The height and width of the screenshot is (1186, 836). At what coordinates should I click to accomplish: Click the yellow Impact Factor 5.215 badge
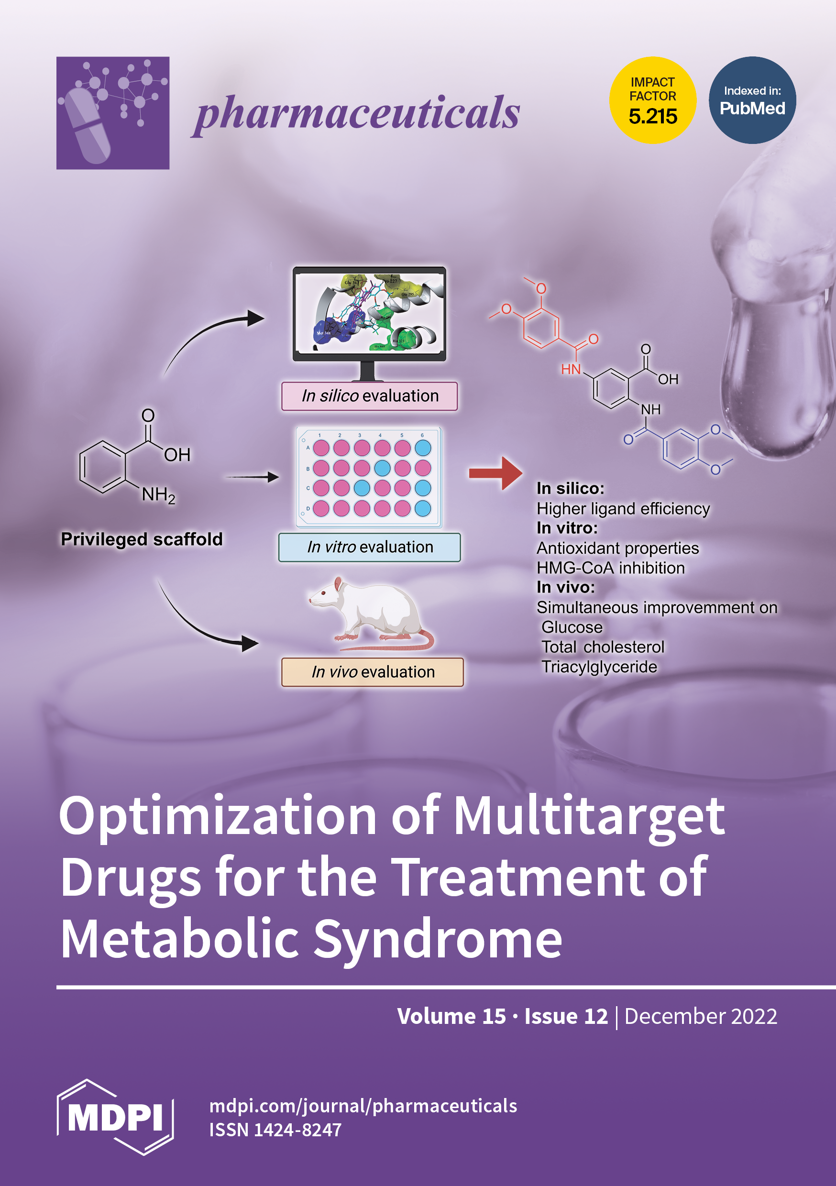652,100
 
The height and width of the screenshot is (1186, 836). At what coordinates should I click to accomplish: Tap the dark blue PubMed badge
752,100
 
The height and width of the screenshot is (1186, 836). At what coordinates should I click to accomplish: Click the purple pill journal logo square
113,112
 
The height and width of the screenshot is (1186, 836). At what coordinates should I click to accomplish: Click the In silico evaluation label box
369,396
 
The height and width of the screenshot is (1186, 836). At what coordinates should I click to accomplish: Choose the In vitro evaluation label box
369,547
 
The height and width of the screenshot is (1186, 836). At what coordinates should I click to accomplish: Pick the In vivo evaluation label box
372,672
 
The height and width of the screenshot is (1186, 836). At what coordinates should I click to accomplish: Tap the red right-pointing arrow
495,473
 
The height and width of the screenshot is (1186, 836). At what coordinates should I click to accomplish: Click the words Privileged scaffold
142,539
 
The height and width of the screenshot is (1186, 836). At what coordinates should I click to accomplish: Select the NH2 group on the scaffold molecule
158,495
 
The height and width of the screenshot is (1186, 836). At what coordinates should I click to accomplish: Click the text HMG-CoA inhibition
610,568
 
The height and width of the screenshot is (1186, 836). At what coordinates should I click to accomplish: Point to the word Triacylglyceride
599,667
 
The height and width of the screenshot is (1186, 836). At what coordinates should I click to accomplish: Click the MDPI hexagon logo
115,1117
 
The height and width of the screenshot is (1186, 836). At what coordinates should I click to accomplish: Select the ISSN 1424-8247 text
275,1130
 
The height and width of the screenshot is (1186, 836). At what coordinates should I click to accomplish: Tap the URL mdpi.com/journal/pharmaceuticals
363,1106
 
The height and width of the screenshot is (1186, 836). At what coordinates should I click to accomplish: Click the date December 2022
700,1016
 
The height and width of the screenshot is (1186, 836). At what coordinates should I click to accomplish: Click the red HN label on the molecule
571,369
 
